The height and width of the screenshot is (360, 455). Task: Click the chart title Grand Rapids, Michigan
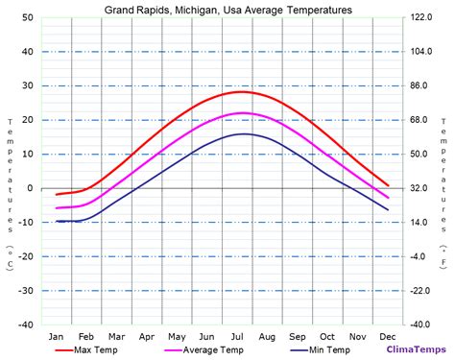click(x=227, y=9)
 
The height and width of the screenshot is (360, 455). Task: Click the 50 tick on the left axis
click(x=28, y=17)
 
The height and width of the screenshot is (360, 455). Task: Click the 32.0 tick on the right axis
click(x=425, y=188)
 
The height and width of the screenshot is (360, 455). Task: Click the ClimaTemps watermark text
click(x=414, y=350)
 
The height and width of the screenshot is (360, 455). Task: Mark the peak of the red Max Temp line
click(x=240, y=91)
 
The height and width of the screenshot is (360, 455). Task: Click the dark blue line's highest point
click(x=244, y=133)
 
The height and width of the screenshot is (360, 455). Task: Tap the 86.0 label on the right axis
click(x=425, y=85)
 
